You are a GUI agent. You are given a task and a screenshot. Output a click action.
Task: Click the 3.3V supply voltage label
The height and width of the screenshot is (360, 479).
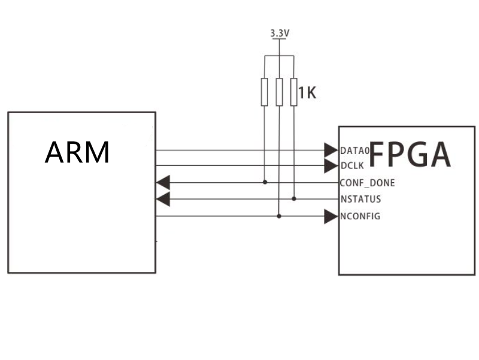tap(280, 34)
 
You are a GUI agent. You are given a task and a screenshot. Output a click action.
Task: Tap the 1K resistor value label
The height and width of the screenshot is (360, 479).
tap(307, 93)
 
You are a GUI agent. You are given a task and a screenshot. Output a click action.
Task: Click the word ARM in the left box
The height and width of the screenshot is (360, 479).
tap(77, 153)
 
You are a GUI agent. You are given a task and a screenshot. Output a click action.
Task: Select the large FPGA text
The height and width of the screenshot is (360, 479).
tap(410, 155)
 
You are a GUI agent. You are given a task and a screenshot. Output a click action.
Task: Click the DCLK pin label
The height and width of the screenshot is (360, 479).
tap(353, 166)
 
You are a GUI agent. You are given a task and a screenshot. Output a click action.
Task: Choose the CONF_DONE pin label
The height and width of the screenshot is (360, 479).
tap(367, 183)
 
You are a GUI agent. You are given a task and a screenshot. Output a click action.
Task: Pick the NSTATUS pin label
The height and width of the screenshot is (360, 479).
tap(360, 199)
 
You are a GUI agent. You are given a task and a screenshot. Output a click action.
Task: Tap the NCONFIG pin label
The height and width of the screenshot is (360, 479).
tap(360, 216)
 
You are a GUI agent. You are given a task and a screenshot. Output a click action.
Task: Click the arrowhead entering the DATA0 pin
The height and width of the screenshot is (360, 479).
tap(331, 150)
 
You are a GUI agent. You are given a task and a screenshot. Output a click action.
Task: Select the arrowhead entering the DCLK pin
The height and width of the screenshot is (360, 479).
tap(331, 166)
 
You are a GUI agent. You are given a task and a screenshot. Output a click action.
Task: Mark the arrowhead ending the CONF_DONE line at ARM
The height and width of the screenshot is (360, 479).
tap(162, 182)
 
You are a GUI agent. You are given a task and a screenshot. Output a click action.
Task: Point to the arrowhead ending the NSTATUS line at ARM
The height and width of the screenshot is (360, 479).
tap(162, 199)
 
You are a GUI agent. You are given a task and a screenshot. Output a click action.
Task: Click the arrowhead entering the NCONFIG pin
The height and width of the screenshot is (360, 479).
tap(331, 216)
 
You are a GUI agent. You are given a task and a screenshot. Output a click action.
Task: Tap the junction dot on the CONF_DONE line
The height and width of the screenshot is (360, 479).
tap(265, 182)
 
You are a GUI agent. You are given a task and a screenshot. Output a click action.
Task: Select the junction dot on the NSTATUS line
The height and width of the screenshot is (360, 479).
tap(294, 199)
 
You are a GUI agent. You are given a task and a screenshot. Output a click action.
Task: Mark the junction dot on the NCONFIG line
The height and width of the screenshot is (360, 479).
tap(279, 216)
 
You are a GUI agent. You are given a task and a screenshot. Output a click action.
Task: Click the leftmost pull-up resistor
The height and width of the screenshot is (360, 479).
tap(265, 92)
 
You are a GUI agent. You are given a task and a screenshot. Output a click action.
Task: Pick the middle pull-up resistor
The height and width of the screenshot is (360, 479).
tap(279, 92)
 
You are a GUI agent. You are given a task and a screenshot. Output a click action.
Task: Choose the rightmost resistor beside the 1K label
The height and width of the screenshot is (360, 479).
tap(293, 92)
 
